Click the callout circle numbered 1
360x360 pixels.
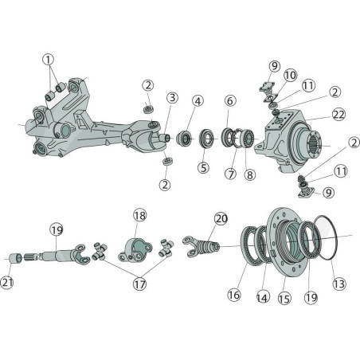pos(48,60)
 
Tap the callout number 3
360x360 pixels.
pos(173,98)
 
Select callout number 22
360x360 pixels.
pos(338,115)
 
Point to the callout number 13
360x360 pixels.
pos(339,284)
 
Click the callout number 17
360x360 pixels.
pos(139,284)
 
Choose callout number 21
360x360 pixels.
pos(7,283)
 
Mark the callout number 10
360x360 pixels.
pos(290,76)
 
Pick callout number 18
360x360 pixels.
pos(139,215)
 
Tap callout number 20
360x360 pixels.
pos(221,219)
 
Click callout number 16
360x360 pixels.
pos(234,295)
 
